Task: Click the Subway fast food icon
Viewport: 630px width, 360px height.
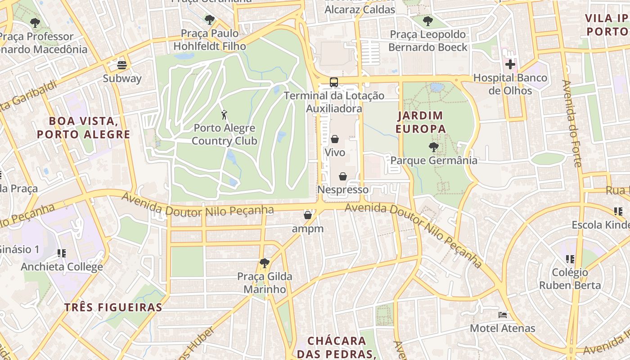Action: click(x=121, y=65)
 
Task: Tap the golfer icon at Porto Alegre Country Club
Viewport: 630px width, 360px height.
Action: click(x=224, y=115)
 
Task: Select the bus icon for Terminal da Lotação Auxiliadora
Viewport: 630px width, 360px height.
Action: click(x=334, y=82)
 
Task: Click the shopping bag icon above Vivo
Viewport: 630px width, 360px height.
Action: click(x=335, y=139)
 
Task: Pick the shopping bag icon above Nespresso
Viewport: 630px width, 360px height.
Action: click(x=343, y=176)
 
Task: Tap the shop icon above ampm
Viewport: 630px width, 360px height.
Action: click(x=308, y=215)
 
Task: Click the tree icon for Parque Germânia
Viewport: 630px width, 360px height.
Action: click(x=433, y=147)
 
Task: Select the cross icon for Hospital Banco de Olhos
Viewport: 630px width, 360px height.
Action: click(x=510, y=64)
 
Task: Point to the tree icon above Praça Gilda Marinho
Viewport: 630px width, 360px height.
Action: click(x=265, y=263)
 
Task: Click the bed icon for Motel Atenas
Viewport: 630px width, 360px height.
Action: click(x=503, y=315)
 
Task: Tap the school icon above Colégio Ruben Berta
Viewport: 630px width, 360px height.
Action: click(x=570, y=259)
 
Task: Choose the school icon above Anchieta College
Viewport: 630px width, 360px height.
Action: click(x=62, y=253)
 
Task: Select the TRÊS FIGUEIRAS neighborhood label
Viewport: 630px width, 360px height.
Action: click(x=113, y=307)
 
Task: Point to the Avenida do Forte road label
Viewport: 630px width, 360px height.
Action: click(x=572, y=123)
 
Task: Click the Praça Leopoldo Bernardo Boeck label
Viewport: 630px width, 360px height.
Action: click(x=427, y=41)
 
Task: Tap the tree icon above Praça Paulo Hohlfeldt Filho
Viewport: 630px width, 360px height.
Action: click(x=209, y=19)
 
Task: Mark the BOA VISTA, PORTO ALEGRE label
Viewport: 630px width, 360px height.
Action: click(x=84, y=127)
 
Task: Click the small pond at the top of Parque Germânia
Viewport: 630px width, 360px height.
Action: click(x=436, y=87)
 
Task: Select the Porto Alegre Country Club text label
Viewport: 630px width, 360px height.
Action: click(x=224, y=135)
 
